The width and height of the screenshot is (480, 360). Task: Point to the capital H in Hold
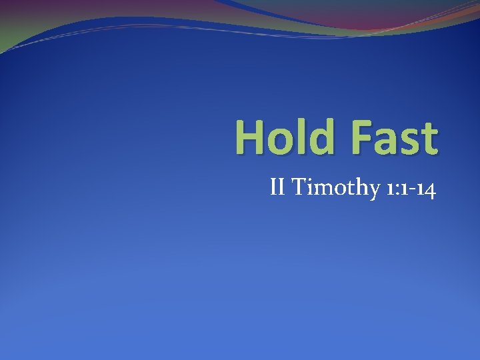click(249, 137)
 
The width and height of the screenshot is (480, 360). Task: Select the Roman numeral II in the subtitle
click(279, 189)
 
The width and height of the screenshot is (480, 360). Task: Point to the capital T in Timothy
click(298, 189)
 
